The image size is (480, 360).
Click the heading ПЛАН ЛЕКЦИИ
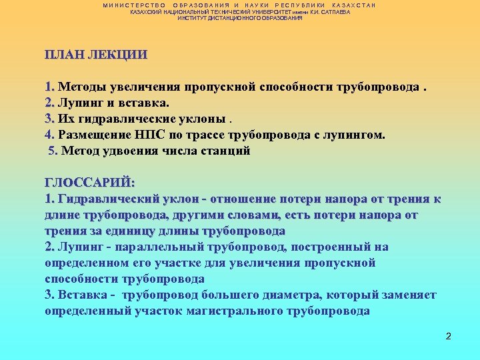click(96, 55)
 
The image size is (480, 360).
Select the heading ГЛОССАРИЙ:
click(90, 183)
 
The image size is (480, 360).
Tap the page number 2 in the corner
click(449, 335)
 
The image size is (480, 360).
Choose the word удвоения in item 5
click(126, 151)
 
